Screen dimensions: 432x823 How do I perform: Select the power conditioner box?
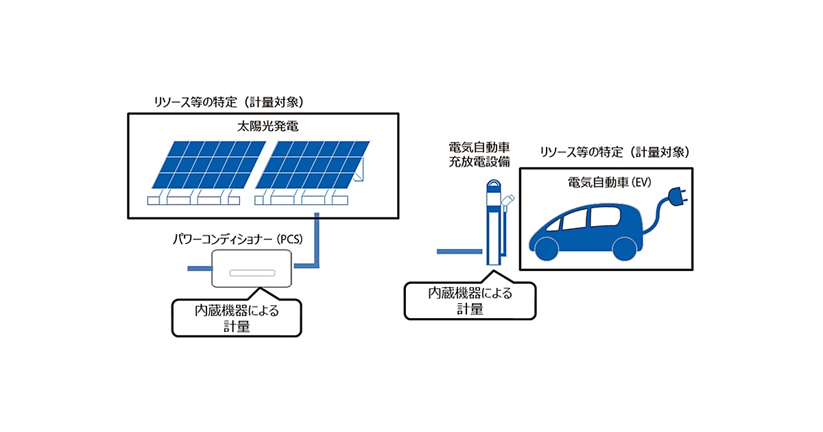click(x=252, y=268)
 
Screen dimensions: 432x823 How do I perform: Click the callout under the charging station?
click(x=470, y=301)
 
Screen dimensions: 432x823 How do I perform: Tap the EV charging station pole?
click(x=493, y=226)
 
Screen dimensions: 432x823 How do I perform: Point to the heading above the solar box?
click(x=228, y=101)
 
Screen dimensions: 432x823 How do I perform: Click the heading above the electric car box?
click(x=615, y=152)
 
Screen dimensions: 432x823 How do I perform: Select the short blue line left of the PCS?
click(x=200, y=268)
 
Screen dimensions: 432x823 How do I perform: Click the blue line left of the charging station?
click(x=459, y=252)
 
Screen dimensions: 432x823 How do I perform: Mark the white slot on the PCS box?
click(x=252, y=272)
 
